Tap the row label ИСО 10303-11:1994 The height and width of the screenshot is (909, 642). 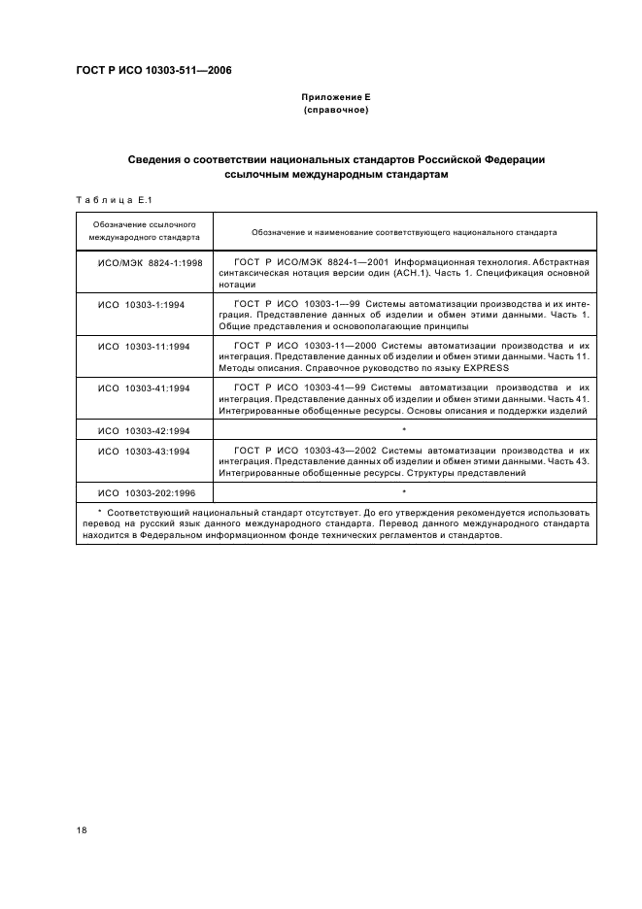(x=144, y=346)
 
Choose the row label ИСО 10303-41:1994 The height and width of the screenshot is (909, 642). (x=144, y=387)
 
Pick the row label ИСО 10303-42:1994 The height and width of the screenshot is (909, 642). (x=144, y=429)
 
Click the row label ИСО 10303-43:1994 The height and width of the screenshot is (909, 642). (x=144, y=452)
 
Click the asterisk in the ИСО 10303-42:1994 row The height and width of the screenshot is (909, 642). (x=403, y=429)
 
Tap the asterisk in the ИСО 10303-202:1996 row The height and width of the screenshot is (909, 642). (x=403, y=493)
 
